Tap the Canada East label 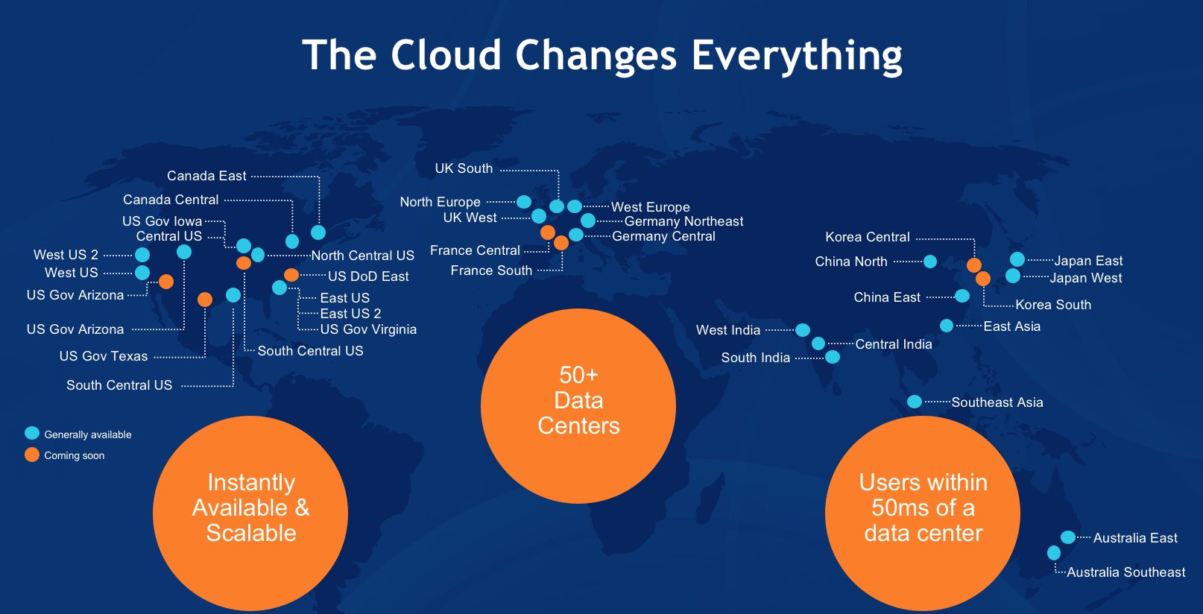[x=206, y=176]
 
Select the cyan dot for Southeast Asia [x=915, y=402]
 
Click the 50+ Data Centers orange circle [x=578, y=406]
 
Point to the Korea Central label [x=868, y=237]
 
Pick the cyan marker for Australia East [x=1068, y=537]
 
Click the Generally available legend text [x=87, y=434]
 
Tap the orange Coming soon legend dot [x=32, y=455]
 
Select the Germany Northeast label [x=683, y=221]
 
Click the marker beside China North [x=930, y=262]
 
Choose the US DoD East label [x=368, y=276]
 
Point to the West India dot [x=803, y=330]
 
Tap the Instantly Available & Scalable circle [x=250, y=513]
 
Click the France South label [x=491, y=270]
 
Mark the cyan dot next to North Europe [x=524, y=202]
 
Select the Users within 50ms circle [x=923, y=513]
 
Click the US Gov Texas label [x=104, y=356]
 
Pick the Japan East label [x=1088, y=261]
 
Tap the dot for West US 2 [x=142, y=254]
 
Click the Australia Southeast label [x=1126, y=572]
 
